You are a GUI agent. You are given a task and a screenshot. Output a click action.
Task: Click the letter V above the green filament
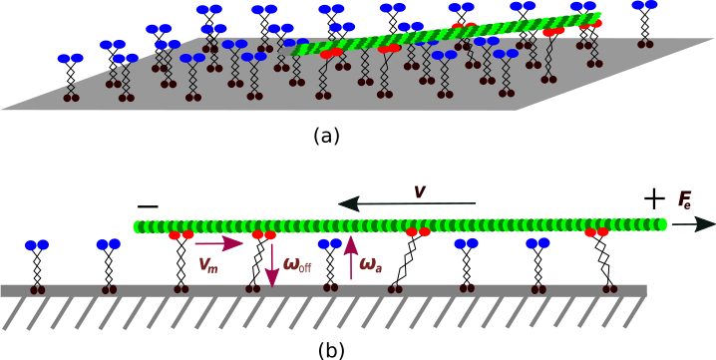(420, 191)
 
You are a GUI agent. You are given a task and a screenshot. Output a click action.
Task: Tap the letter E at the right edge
(684, 199)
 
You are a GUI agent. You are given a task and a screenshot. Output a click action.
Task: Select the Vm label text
(207, 264)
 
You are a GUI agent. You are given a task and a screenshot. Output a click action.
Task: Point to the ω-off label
(297, 265)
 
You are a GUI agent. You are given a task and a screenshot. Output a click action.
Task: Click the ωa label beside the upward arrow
(370, 265)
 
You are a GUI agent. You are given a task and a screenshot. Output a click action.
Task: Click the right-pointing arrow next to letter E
(692, 224)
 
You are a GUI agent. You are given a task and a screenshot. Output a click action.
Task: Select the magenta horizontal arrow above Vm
(218, 242)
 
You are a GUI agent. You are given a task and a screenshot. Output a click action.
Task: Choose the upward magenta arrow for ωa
(351, 257)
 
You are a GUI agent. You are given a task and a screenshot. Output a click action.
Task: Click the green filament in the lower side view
(399, 225)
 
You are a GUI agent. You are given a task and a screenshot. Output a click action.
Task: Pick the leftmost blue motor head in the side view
(37, 245)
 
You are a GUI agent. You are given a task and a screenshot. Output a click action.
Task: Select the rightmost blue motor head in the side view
(537, 243)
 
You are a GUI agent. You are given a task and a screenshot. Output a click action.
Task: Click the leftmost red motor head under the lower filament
(180, 235)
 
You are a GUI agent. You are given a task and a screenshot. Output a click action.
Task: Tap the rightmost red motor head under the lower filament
(596, 232)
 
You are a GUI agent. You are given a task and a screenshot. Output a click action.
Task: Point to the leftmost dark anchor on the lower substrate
(38, 289)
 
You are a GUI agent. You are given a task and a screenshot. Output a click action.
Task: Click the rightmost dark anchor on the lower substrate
(609, 288)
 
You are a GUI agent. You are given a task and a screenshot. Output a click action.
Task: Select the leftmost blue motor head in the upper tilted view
(70, 59)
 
